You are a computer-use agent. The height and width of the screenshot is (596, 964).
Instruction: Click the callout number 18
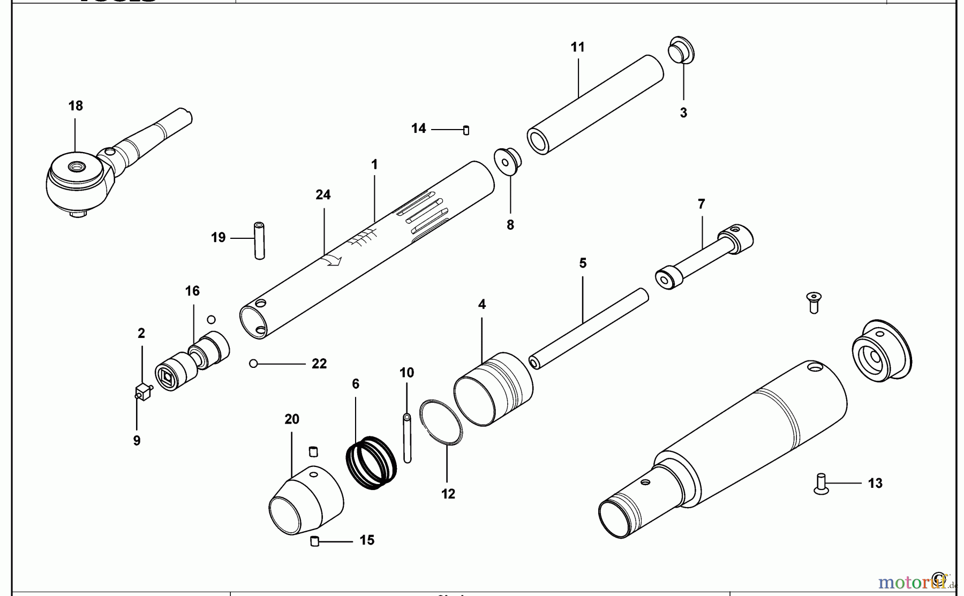76,105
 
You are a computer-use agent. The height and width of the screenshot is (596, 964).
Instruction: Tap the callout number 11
577,47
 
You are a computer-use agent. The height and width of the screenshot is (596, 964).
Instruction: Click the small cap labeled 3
681,51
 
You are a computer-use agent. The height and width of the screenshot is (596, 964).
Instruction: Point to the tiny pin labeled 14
466,130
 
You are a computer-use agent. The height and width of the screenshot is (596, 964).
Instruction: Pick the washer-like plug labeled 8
508,161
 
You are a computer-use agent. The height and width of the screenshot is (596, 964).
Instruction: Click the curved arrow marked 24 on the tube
333,260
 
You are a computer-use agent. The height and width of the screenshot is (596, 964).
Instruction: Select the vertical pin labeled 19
259,240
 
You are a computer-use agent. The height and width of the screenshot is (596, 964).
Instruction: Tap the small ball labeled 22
253,364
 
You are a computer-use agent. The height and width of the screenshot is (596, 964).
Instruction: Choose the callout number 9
137,440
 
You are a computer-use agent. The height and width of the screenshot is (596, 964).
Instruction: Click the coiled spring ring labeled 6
371,463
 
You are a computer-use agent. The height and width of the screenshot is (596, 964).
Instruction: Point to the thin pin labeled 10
407,438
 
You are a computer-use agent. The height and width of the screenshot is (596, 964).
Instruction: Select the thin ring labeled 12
441,421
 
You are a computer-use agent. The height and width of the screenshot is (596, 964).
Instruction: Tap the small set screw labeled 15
315,541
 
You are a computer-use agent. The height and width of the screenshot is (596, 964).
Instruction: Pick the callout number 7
701,204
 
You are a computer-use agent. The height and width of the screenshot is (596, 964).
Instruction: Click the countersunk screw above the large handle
814,302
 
